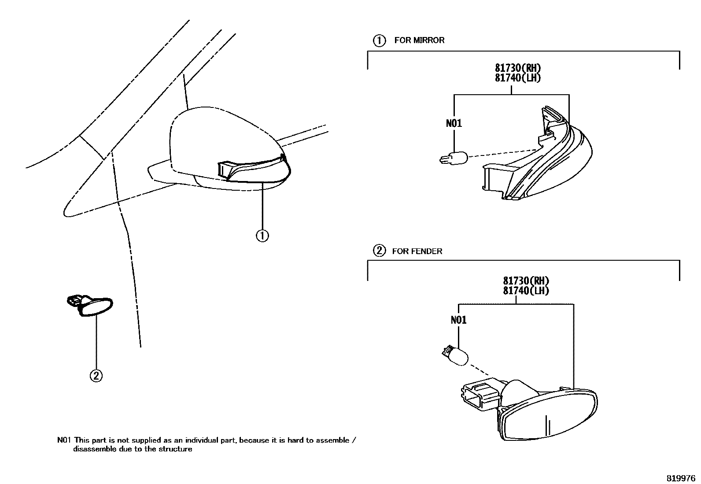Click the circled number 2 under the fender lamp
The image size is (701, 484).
point(96,376)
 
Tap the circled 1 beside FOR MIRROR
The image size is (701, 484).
point(379,41)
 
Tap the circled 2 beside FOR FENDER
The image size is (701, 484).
point(379,251)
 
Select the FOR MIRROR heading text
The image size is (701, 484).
point(419,40)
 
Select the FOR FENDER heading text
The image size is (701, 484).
point(417,251)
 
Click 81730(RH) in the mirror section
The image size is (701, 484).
point(517,68)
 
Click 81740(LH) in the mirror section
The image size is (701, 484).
point(517,78)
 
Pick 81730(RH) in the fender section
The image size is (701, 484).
point(526,281)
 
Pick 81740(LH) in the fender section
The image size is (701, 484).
point(526,291)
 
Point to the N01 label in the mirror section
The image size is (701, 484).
point(454,123)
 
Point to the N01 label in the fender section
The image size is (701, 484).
point(458,320)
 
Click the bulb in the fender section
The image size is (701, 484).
point(455,355)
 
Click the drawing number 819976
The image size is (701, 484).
point(680,478)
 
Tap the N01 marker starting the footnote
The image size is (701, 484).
point(64,440)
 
